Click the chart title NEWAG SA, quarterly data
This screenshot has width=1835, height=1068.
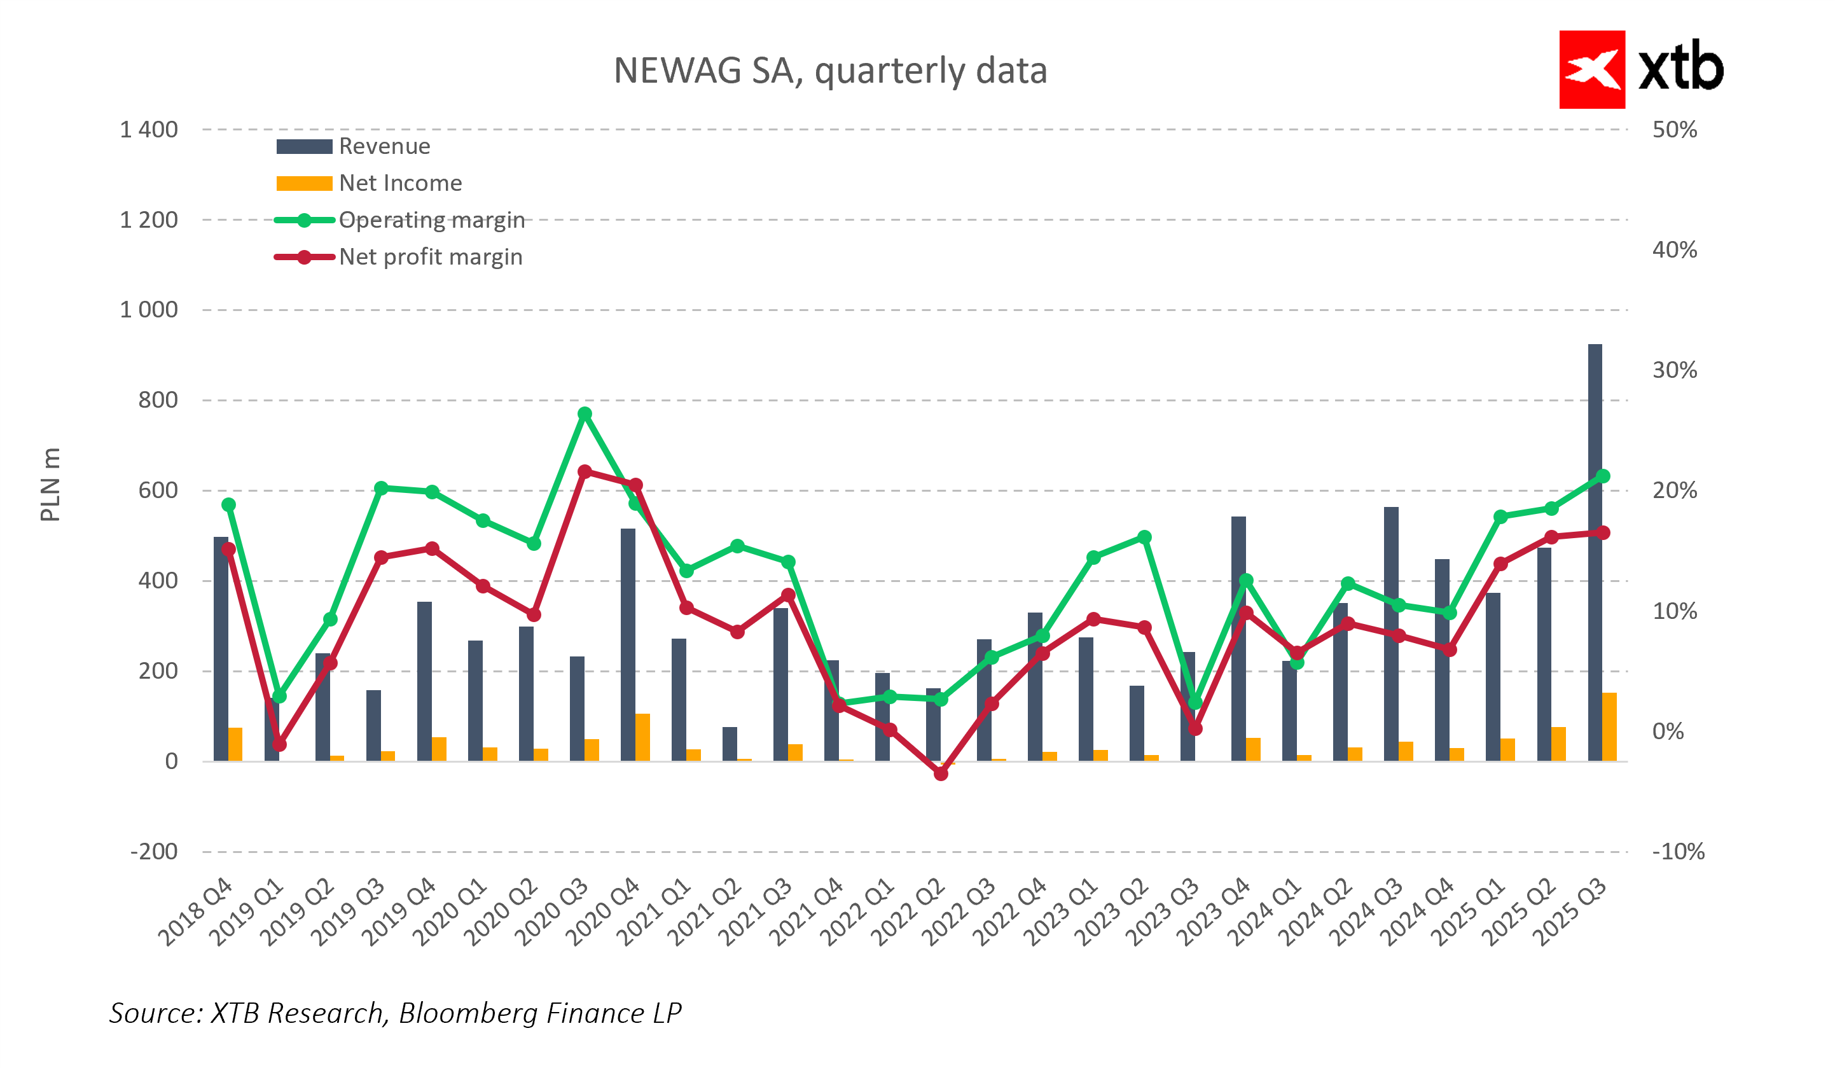point(830,71)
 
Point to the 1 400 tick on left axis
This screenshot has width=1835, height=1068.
point(149,130)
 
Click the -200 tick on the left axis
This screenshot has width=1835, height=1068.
point(154,851)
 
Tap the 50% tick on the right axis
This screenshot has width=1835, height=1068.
point(1674,130)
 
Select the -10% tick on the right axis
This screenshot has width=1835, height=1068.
point(1678,851)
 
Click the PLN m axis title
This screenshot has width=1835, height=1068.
point(50,485)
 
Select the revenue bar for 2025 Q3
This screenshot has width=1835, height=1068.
point(1595,553)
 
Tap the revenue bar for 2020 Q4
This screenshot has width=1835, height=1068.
point(628,644)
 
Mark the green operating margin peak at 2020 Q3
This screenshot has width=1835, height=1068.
point(585,413)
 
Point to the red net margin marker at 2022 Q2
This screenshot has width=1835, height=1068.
point(941,774)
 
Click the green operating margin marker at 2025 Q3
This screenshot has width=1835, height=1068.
point(1603,476)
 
